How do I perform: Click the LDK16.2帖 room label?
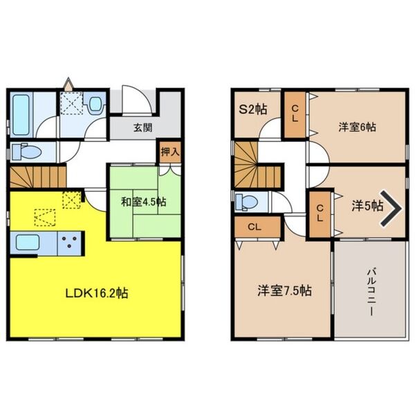96,293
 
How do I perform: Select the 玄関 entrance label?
143,128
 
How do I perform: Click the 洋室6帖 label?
357,127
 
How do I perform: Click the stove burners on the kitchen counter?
69,243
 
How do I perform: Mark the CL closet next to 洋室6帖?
295,111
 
